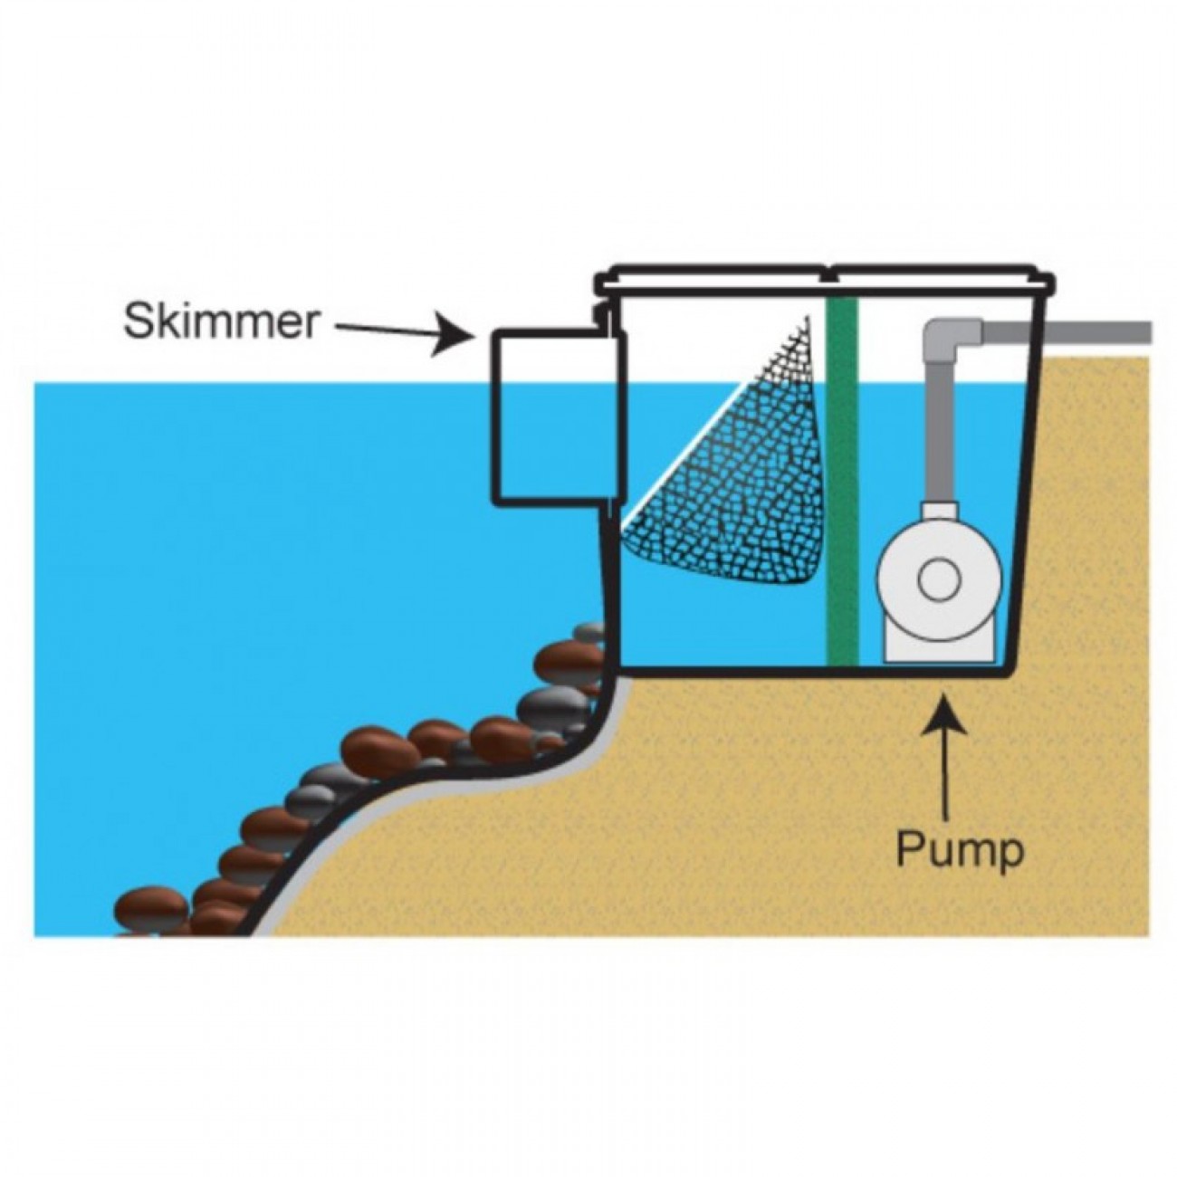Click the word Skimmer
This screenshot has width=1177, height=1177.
point(221,322)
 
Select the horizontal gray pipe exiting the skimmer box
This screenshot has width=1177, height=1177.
point(1066,332)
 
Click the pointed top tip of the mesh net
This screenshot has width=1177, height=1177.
point(809,317)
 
